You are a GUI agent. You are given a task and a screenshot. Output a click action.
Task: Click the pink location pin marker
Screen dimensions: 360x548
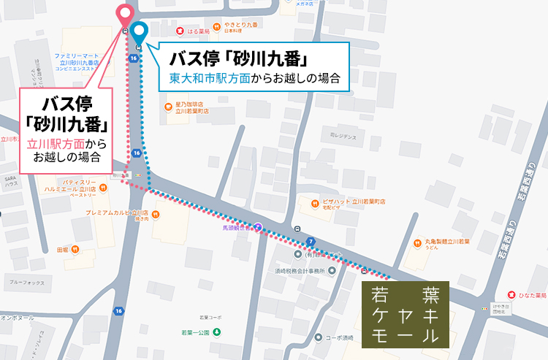point(126,15)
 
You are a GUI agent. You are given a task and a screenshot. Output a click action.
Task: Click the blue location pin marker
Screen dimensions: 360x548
point(137,32)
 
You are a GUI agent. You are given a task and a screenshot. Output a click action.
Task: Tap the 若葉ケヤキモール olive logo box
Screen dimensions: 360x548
point(405,315)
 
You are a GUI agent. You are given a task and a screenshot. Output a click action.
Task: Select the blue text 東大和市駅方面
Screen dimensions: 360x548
point(209,77)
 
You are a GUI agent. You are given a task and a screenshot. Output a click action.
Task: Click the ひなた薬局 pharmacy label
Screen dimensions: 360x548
point(531,295)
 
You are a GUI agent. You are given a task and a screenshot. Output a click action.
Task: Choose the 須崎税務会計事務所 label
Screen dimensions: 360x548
point(300,270)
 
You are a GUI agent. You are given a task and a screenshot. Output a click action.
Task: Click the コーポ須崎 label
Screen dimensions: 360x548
point(338,338)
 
